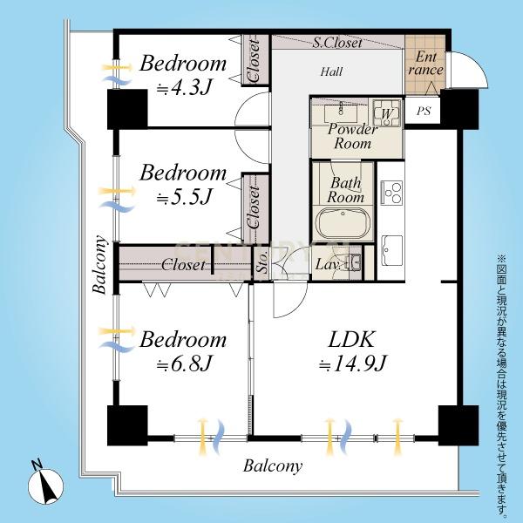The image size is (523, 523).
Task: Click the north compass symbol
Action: coord(45,484)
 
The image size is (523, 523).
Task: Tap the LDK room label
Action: coord(351,340)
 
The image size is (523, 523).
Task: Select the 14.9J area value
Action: coord(352,363)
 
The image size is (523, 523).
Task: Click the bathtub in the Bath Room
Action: coord(344,223)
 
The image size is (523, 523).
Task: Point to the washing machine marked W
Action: coord(387,112)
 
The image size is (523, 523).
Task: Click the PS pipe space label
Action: coord(424,111)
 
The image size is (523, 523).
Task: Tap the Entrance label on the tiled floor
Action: coord(426,64)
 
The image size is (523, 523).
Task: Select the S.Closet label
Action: coord(337,43)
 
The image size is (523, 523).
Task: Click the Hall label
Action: coord(331,71)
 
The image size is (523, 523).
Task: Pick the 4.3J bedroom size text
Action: coord(184,87)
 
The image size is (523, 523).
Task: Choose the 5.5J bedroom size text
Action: coord(184,197)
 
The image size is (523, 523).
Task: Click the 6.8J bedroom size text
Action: coord(184,363)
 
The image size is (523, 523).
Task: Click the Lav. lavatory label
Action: coord(328,264)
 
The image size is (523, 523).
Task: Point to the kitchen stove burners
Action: coord(391,193)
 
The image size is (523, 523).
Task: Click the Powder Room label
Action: coord(352,136)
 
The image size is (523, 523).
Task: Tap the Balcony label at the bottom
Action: coord(273,466)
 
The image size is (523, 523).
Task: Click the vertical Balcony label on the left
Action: coord(100,264)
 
